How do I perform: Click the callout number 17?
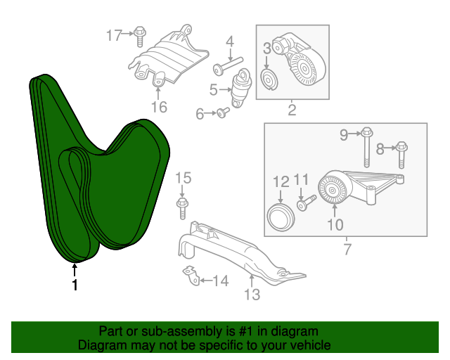(114, 34)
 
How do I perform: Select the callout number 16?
(159, 107)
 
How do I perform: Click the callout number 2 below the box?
(292, 109)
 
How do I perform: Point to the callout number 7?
(346, 249)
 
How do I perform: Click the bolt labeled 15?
(181, 205)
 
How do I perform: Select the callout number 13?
(251, 295)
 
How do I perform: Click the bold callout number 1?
(75, 285)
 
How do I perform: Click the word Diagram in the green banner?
(101, 345)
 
